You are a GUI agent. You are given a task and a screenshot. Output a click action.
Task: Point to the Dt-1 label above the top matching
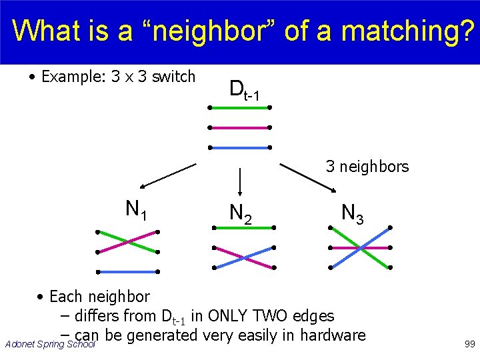coord(243,90)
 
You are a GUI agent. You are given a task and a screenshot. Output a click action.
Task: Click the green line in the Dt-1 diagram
coord(239,107)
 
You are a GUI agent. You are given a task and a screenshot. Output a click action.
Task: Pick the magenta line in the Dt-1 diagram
coord(239,127)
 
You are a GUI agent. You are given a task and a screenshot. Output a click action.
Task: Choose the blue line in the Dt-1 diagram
coord(239,147)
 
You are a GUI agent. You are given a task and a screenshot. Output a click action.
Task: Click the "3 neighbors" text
coord(367,167)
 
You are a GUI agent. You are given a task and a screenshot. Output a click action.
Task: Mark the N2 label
coord(240,213)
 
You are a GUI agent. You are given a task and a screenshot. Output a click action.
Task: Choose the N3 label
coord(352,213)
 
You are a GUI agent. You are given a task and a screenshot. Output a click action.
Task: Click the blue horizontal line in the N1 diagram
coord(127,271)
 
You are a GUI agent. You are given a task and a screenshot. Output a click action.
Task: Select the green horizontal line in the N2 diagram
coord(243,227)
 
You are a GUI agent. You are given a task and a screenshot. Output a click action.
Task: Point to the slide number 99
coord(468,343)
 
